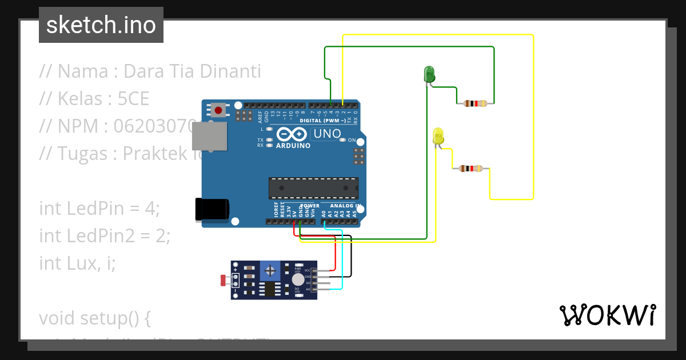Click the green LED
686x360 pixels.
coord(429,74)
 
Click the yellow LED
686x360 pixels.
coord(438,137)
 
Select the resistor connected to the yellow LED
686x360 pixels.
coord(470,169)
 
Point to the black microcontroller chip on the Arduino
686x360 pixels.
coord(314,188)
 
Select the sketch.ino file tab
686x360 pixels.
coord(101,25)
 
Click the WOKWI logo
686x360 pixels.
coord(607,315)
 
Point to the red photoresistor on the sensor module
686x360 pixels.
coord(224,280)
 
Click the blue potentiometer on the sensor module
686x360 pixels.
coord(270,269)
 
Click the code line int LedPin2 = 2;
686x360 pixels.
coord(105,235)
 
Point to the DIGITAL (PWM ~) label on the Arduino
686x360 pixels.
coord(323,121)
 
